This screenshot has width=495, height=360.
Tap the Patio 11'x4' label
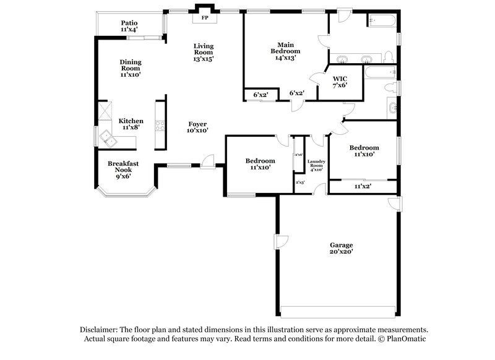pyautogui.click(x=129, y=25)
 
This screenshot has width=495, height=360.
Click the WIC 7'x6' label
pyautogui.click(x=340, y=82)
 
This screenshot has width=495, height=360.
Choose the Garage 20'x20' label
pyautogui.click(x=341, y=248)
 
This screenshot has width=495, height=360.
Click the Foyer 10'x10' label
pyautogui.click(x=197, y=127)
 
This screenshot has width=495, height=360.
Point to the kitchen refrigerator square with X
pyautogui.click(x=103, y=112)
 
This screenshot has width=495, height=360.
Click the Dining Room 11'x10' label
pyautogui.click(x=131, y=68)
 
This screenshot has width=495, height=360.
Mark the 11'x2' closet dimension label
pyautogui.click(x=362, y=186)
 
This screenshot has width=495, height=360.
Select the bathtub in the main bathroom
pyautogui.click(x=382, y=21)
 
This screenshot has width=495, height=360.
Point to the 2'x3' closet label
pyautogui.click(x=299, y=182)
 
